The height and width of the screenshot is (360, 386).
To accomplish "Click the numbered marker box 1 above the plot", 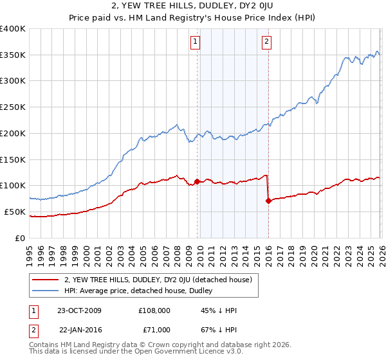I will pyautogui.click(x=195, y=43).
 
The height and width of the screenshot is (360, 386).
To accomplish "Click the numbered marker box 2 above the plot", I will pyautogui.click(x=266, y=43).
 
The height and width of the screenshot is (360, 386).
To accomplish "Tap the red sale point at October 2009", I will pyautogui.click(x=197, y=181).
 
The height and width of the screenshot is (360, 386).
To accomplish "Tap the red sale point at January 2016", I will pyautogui.click(x=268, y=201).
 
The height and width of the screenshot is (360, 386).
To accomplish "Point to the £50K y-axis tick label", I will pyautogui.click(x=15, y=212).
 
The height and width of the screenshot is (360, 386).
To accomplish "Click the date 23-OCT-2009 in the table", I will pyautogui.click(x=80, y=310).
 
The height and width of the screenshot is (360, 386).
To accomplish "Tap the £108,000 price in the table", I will pyautogui.click(x=154, y=310).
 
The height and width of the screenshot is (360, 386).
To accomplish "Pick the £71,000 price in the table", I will pyautogui.click(x=156, y=330).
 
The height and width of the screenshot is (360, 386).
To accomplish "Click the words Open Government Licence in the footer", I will pyautogui.click(x=186, y=353).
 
